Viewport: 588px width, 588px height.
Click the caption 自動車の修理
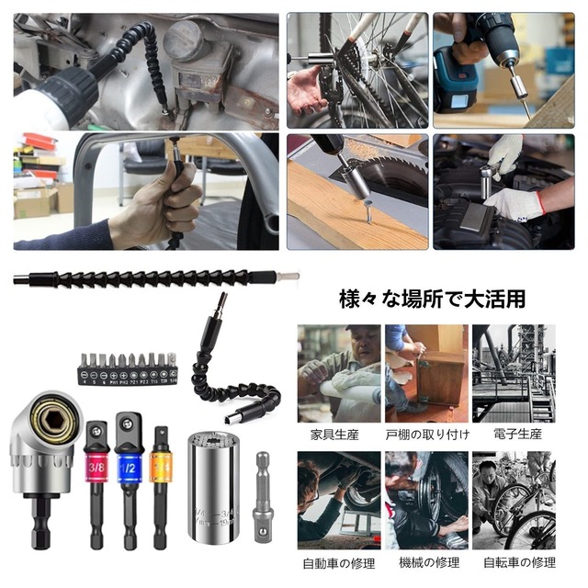[338, 561]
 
